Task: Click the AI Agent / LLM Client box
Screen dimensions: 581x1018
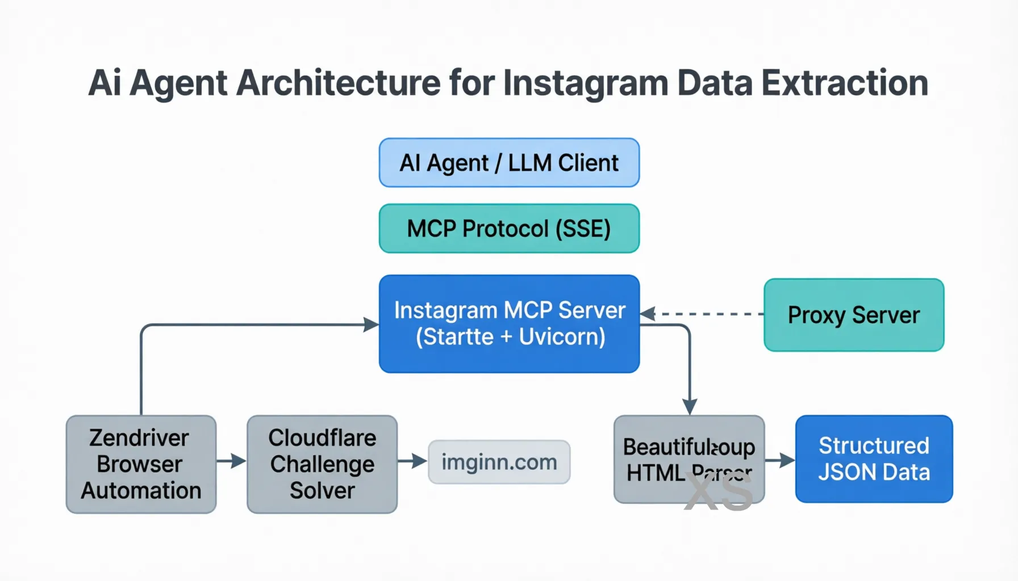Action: [509, 163]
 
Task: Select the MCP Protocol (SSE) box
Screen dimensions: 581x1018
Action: [509, 229]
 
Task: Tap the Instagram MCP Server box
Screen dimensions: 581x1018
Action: [509, 323]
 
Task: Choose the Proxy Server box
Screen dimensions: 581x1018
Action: [854, 315]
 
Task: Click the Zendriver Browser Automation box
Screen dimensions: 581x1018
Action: [141, 464]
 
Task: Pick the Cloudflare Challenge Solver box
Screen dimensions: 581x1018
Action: [322, 464]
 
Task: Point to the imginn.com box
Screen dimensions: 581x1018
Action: [499, 462]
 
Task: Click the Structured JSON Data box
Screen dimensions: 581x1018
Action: [874, 458]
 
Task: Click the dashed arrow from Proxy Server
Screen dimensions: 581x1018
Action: [704, 313]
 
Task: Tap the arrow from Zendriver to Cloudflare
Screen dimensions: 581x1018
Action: [231, 461]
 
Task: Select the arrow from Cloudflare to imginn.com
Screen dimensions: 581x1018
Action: [412, 461]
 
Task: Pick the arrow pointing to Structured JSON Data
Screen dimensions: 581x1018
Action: [780, 460]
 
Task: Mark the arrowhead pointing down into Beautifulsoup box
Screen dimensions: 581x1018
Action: [690, 406]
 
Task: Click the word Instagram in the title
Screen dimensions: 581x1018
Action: [585, 83]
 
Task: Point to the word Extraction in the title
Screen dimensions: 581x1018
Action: [844, 83]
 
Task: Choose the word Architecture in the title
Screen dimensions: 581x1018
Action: [338, 83]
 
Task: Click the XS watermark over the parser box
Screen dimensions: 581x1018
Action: [719, 492]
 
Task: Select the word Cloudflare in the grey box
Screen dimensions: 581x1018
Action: [322, 438]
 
